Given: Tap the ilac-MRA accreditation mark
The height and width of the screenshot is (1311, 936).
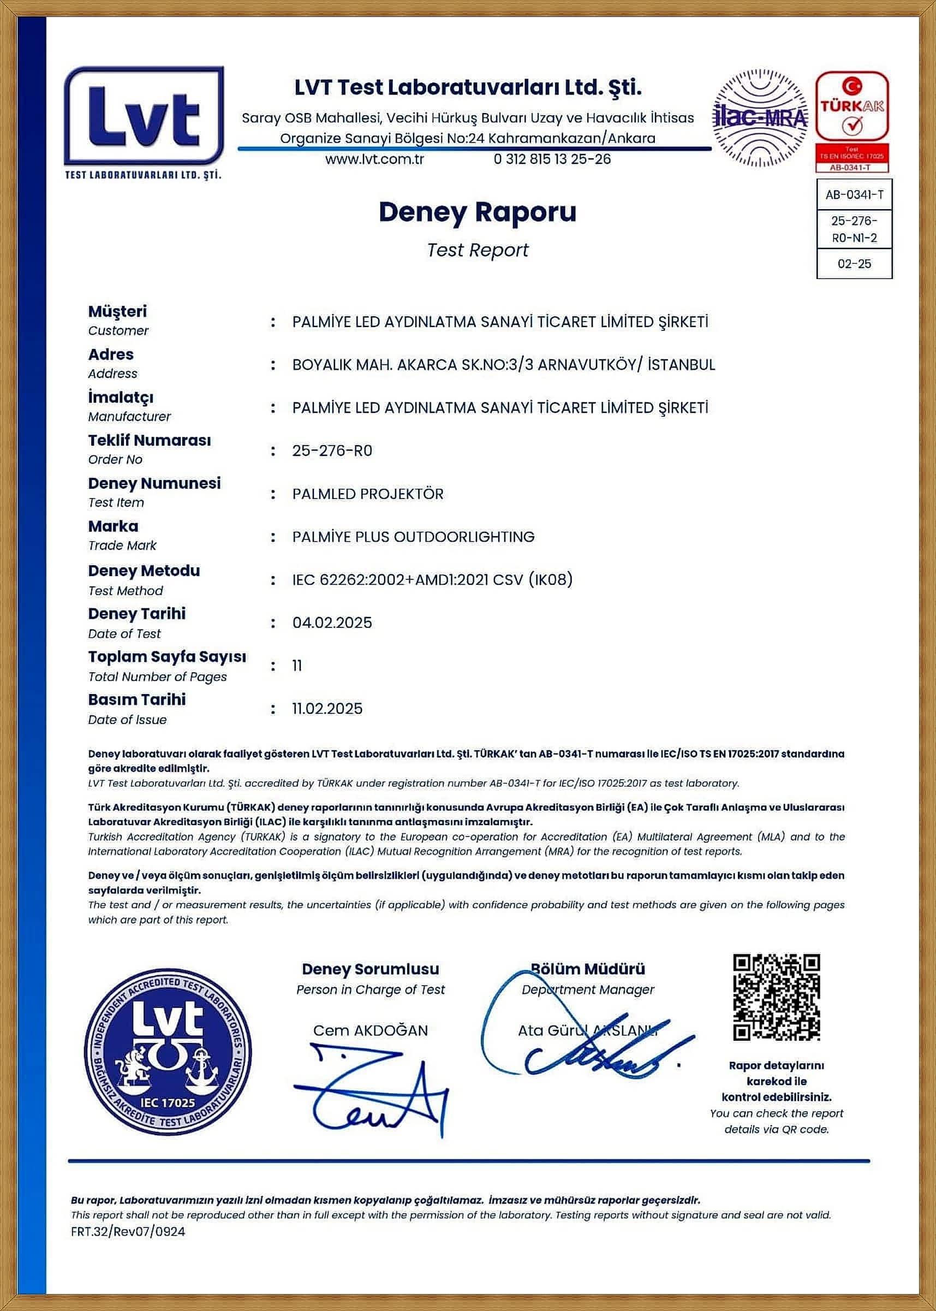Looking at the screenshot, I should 760,118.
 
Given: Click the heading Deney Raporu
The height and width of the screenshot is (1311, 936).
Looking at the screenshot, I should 477,212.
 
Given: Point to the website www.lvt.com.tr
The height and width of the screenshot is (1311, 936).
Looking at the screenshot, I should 374,159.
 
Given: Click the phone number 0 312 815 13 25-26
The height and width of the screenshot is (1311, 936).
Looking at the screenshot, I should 552,159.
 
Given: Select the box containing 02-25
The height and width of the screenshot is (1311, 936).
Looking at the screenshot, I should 854,264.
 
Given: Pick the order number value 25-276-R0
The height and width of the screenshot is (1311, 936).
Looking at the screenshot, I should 332,451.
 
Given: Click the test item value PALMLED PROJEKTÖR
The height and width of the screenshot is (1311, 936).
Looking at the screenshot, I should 368,494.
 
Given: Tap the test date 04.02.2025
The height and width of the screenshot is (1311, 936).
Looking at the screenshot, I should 332,622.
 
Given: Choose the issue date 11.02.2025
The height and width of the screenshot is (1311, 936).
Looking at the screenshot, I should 327,709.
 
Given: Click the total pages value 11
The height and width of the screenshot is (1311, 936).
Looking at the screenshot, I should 297,666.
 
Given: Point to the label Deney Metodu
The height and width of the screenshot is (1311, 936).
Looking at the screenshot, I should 144,571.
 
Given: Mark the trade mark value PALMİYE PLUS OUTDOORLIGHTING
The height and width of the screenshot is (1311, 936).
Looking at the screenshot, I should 413,537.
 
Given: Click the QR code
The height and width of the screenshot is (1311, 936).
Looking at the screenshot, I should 776,997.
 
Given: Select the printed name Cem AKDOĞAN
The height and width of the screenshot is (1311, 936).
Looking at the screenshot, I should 371,1030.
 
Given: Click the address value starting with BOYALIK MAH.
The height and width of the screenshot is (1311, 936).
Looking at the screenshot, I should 503,365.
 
